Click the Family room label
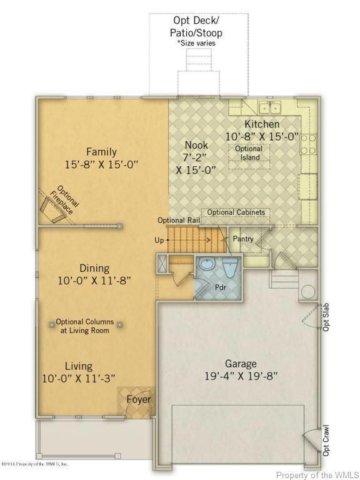pyautogui.click(x=101, y=151)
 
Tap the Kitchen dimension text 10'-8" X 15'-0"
pyautogui.click(x=262, y=136)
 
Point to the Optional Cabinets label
pyautogui.click(x=236, y=212)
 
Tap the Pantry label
pyautogui.click(x=242, y=239)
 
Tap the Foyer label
pyautogui.click(x=139, y=399)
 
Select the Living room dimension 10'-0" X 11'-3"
pyautogui.click(x=79, y=378)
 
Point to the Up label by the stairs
pyautogui.click(x=159, y=240)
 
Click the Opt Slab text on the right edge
pyautogui.click(x=326, y=317)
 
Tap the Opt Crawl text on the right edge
pyautogui.click(x=326, y=441)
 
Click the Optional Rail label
pyautogui.click(x=179, y=220)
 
